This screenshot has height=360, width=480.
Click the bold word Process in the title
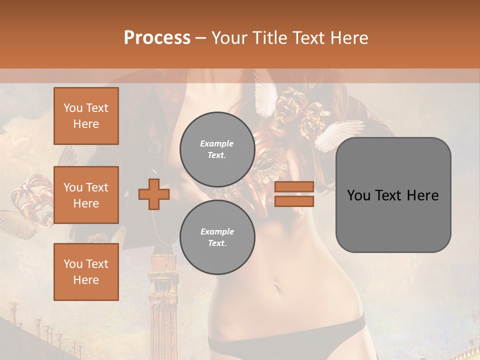pos(157,37)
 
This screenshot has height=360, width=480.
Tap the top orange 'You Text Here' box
pos(86,116)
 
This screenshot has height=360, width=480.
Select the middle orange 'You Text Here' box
pos(86,195)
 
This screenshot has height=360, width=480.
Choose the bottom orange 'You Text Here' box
pos(86,272)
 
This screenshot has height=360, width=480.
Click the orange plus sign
pos(153,194)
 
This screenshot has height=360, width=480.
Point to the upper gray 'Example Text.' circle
pos(217,149)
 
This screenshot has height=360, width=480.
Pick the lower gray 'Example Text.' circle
pos(217,237)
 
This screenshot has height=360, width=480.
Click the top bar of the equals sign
pos(294,186)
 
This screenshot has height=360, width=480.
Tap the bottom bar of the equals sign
pos(294,201)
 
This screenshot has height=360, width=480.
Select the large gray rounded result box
pos(393,195)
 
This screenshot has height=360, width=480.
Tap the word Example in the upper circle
pos(217,143)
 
